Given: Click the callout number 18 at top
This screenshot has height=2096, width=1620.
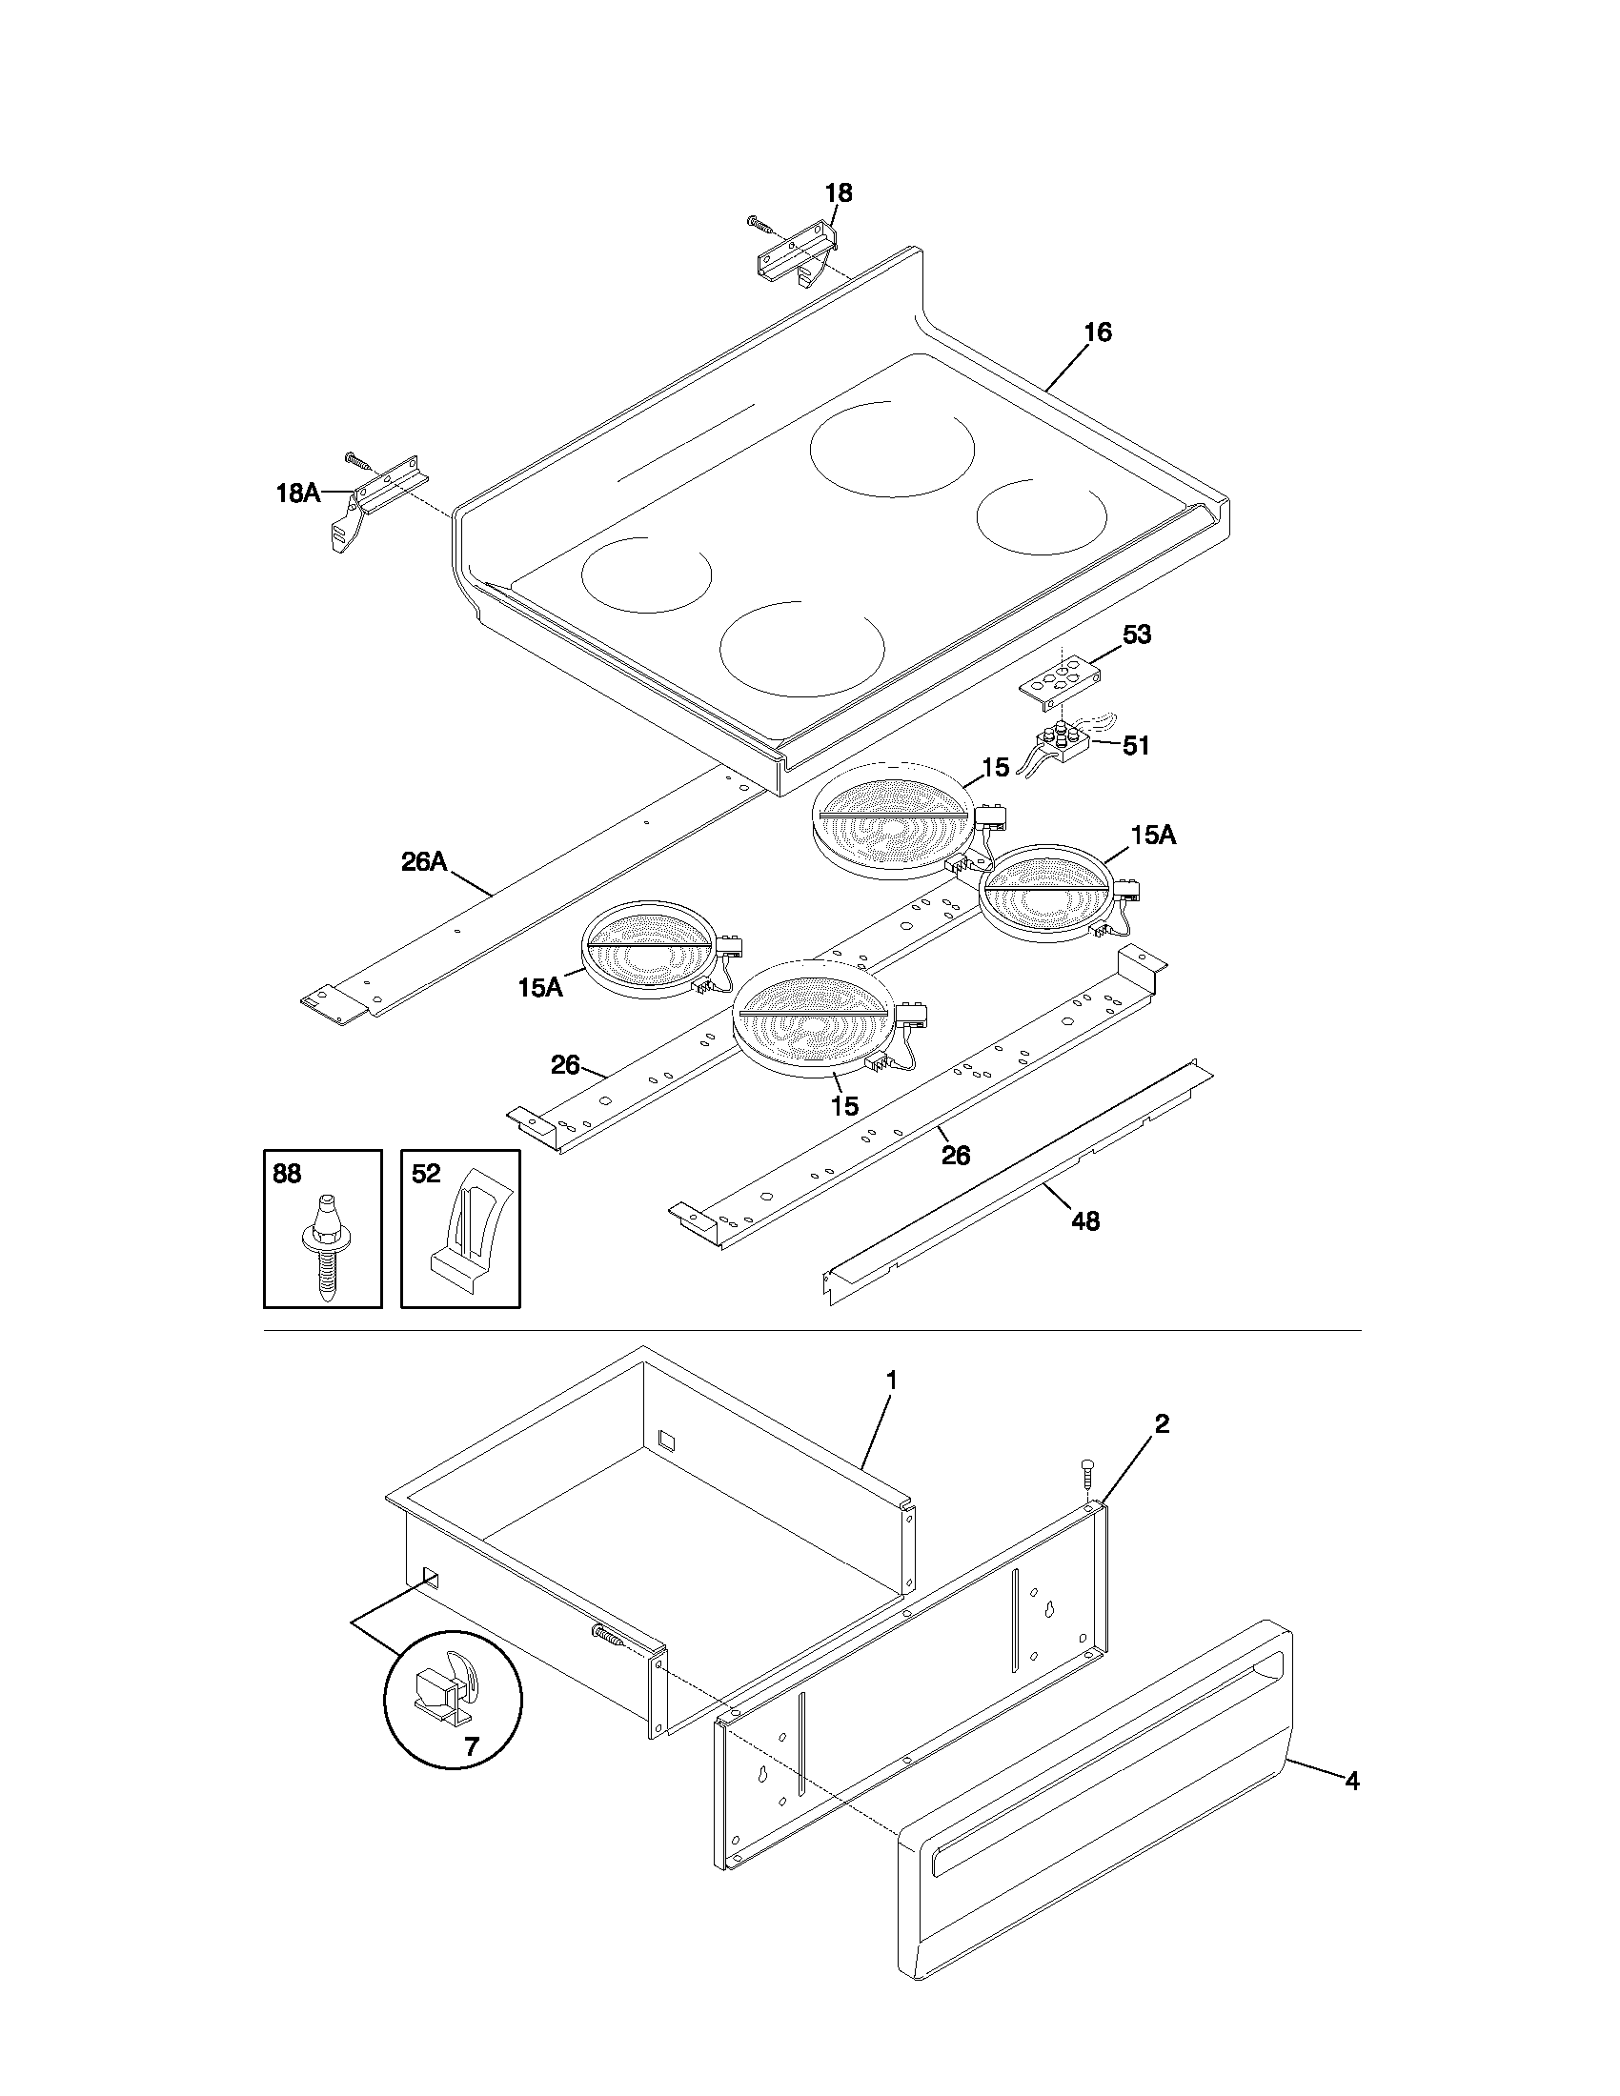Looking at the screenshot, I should click(838, 192).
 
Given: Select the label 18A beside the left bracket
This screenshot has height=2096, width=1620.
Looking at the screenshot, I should click(297, 494).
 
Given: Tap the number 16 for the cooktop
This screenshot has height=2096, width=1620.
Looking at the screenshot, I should click(1097, 333).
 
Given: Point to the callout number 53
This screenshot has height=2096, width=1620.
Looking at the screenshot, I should click(1136, 635).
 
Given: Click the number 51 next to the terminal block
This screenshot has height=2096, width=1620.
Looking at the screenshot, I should click(1135, 745).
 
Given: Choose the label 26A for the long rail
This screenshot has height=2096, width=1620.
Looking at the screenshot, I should click(424, 861).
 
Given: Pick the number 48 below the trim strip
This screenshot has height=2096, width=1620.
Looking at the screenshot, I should click(1084, 1220).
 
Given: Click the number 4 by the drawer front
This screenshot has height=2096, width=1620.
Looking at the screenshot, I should click(1351, 1781).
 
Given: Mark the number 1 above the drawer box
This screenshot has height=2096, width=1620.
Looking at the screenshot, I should click(892, 1381).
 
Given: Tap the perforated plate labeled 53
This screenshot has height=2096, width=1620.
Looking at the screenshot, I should click(1059, 679).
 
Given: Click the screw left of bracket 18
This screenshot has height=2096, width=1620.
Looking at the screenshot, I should click(760, 225).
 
